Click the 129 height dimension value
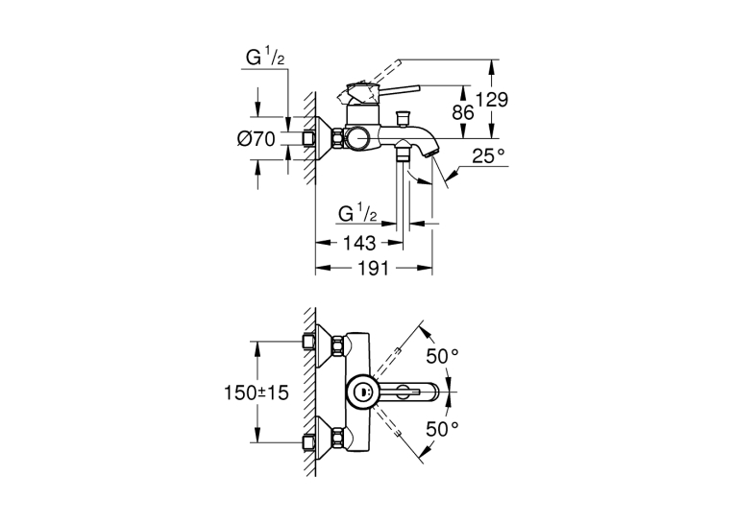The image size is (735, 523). click(492, 100)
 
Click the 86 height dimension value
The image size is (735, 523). click(462, 112)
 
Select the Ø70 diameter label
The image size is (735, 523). click(257, 138)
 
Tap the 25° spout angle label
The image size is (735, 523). click(489, 155)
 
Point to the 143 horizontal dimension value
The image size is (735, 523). click(359, 243)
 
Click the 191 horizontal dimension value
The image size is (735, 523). click(374, 269)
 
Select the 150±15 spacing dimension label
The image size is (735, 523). click(256, 392)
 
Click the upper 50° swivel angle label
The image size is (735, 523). click(442, 356)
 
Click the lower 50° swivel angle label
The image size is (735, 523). click(442, 428)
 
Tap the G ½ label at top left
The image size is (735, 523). click(265, 58)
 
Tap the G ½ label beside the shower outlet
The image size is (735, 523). click(357, 213)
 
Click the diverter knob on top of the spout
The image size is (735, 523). click(404, 117)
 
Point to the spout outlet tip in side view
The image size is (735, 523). click(432, 152)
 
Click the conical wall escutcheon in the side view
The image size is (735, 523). click(325, 138)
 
